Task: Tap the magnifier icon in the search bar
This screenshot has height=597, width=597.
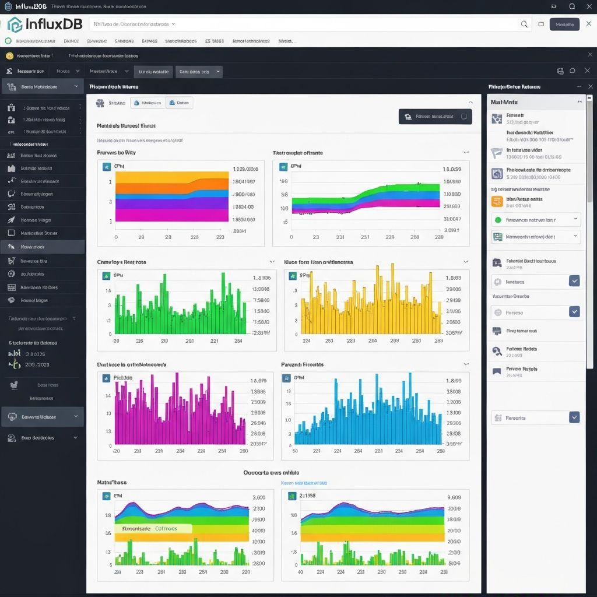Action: [x=524, y=24]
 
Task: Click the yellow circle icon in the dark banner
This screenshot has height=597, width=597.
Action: [x=9, y=56]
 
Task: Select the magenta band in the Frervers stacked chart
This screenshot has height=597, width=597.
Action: [x=171, y=215]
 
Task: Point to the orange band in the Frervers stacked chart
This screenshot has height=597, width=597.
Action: [x=171, y=184]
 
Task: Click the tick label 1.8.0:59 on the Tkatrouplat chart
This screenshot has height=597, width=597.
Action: [x=452, y=170]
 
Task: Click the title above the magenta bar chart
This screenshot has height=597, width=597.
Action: [x=131, y=364]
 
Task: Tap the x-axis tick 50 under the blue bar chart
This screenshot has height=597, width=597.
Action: [x=295, y=451]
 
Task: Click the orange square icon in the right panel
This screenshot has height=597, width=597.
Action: [x=497, y=202]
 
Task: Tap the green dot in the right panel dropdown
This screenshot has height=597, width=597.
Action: [x=498, y=220]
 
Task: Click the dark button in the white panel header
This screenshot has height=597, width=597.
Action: [x=435, y=117]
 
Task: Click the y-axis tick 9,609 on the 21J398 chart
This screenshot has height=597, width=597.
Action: [x=454, y=498]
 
